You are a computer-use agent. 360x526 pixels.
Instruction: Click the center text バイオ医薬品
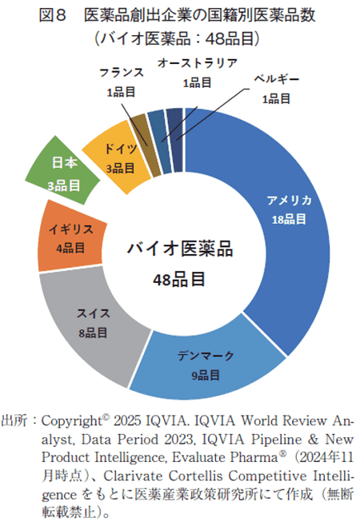click(x=180, y=249)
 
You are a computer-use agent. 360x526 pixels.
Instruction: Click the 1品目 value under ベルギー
click(x=275, y=98)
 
